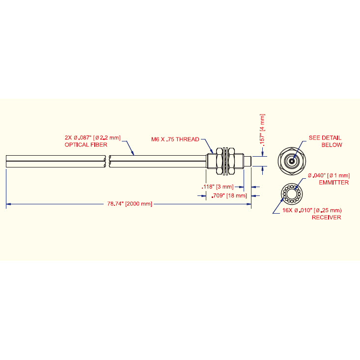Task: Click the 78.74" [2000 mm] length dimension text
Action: coord(130,204)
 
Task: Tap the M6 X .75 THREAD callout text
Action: coord(175,139)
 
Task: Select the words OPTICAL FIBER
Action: coord(86,145)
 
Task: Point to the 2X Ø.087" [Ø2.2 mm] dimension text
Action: coord(92,138)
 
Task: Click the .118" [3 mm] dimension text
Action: coord(218,187)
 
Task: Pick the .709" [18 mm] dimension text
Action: coord(229,195)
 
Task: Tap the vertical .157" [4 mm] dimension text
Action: coord(262,130)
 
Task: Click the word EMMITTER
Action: coord(334,183)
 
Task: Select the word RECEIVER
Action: coord(326,218)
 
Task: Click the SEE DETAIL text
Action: coord(325,138)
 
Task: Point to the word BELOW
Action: coord(332,145)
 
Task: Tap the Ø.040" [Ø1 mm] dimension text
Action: coord(329,176)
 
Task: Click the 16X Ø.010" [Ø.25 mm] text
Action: coord(312,210)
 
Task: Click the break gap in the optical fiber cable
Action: coord(108,161)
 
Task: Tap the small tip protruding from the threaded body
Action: coord(248,161)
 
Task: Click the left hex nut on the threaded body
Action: coord(219,161)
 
